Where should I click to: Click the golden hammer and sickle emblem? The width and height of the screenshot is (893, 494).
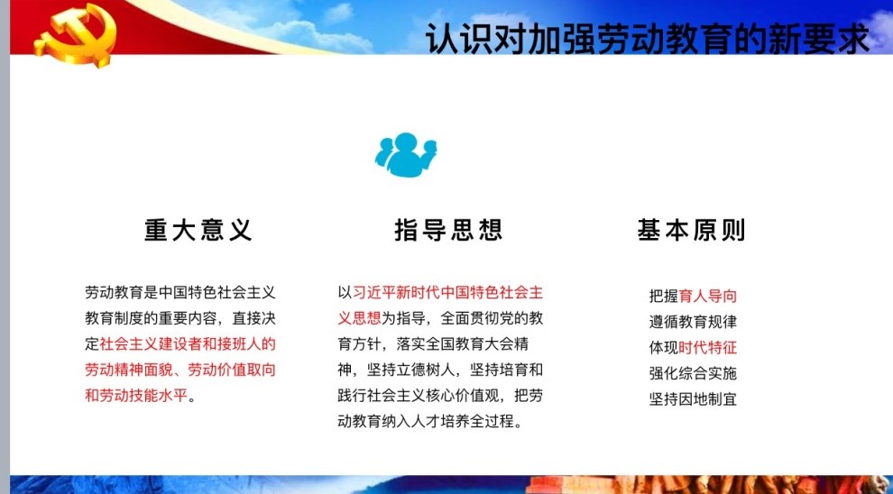[75, 34]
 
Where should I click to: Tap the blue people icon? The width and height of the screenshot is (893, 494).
[406, 154]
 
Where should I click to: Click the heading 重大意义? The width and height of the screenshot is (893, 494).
[198, 231]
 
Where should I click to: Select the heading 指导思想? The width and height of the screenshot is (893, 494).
[449, 231]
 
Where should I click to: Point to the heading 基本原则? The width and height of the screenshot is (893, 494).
[691, 231]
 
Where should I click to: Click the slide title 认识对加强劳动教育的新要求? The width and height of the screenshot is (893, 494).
[648, 39]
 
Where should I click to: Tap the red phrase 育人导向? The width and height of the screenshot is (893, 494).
[708, 296]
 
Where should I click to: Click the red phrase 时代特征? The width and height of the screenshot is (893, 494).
[708, 347]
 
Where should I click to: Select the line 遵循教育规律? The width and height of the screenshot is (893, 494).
[693, 322]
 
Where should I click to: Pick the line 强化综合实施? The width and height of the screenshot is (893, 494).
[693, 373]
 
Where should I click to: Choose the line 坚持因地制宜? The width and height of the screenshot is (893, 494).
[693, 398]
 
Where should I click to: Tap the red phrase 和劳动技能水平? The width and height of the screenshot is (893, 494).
[136, 395]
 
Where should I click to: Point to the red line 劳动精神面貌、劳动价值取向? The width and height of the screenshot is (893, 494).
[180, 370]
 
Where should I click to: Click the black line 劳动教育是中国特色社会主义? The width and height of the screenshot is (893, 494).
[180, 293]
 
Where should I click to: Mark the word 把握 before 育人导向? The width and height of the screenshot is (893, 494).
[664, 296]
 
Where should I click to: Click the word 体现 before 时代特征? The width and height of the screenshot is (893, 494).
[664, 347]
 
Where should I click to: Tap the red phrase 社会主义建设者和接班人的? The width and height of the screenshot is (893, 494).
[188, 343]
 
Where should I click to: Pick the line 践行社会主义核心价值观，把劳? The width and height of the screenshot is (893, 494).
[440, 395]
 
